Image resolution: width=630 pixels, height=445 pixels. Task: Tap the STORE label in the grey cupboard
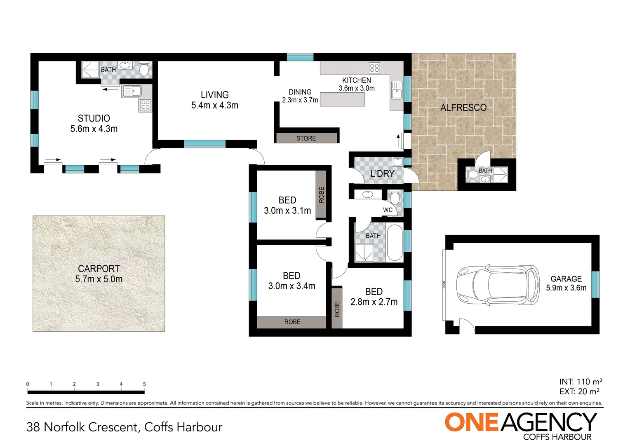[306, 138]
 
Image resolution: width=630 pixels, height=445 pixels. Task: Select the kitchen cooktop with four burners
[374, 68]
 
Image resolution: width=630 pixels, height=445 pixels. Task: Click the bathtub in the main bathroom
[395, 243]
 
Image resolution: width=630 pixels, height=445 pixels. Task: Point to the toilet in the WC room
[395, 198]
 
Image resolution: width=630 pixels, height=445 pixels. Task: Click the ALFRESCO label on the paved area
[463, 108]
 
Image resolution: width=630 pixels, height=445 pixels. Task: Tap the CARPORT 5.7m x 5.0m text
[99, 274]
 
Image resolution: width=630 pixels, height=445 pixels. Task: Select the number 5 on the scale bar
[144, 384]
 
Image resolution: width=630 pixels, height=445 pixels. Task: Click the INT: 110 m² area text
[581, 382]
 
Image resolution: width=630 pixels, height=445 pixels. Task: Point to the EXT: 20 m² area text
[579, 391]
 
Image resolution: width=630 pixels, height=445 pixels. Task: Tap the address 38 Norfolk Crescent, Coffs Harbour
[124, 427]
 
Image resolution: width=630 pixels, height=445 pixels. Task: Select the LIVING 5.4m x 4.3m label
[214, 100]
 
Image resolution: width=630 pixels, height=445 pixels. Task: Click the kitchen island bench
[342, 99]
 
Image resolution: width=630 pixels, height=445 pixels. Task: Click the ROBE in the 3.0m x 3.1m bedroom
[321, 194]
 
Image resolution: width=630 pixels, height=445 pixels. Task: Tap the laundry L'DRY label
[382, 174]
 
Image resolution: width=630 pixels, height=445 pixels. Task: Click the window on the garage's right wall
[595, 284]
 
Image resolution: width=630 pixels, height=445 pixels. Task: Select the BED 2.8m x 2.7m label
[374, 297]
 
